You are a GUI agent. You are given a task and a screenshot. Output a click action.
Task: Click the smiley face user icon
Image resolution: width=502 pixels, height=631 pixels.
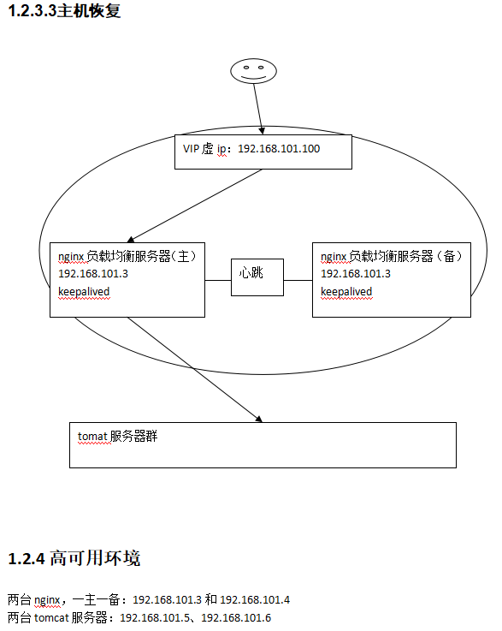(253, 71)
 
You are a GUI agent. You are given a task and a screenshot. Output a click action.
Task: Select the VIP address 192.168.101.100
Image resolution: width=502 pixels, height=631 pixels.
(279, 149)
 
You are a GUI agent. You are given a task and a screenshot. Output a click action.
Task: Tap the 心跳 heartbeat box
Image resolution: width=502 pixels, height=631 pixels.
(257, 277)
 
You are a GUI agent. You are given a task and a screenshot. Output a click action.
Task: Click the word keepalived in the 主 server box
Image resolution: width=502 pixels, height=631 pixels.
(84, 291)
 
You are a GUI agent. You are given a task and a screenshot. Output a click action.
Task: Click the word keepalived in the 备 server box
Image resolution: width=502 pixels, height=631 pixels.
(346, 291)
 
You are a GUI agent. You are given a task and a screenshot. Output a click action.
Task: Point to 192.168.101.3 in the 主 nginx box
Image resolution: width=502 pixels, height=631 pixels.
(93, 274)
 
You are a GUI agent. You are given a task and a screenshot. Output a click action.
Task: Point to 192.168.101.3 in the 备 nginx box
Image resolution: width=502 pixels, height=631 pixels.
(356, 274)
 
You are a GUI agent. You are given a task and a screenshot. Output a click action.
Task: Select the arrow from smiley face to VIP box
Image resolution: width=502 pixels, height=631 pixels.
(258, 109)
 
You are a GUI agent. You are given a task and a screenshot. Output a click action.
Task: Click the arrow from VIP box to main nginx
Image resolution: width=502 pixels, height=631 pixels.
(195, 205)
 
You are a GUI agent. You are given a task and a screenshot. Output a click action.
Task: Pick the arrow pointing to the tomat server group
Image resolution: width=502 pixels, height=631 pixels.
(195, 370)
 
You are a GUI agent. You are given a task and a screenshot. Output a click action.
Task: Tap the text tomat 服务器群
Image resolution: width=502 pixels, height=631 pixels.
(117, 437)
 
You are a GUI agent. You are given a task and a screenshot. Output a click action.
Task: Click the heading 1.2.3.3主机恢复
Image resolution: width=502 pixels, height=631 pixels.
(64, 10)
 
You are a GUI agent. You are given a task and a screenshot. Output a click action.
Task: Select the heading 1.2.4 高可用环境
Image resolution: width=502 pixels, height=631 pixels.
(74, 558)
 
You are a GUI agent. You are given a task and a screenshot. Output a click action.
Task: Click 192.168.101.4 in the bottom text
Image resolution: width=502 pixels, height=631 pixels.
(255, 600)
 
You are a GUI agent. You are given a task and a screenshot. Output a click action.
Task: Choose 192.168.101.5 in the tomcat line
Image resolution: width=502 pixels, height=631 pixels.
(155, 617)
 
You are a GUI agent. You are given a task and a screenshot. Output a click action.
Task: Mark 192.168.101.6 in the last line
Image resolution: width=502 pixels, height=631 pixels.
(236, 617)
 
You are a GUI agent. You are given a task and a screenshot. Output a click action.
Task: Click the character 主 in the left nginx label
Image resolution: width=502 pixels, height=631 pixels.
(183, 256)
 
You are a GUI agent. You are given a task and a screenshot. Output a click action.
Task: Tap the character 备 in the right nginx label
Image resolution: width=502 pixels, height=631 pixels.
(449, 256)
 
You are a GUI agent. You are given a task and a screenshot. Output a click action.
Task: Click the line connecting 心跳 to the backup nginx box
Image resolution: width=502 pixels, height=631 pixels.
(298, 281)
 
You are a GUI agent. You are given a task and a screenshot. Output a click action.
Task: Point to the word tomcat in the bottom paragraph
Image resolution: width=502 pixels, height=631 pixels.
(51, 617)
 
